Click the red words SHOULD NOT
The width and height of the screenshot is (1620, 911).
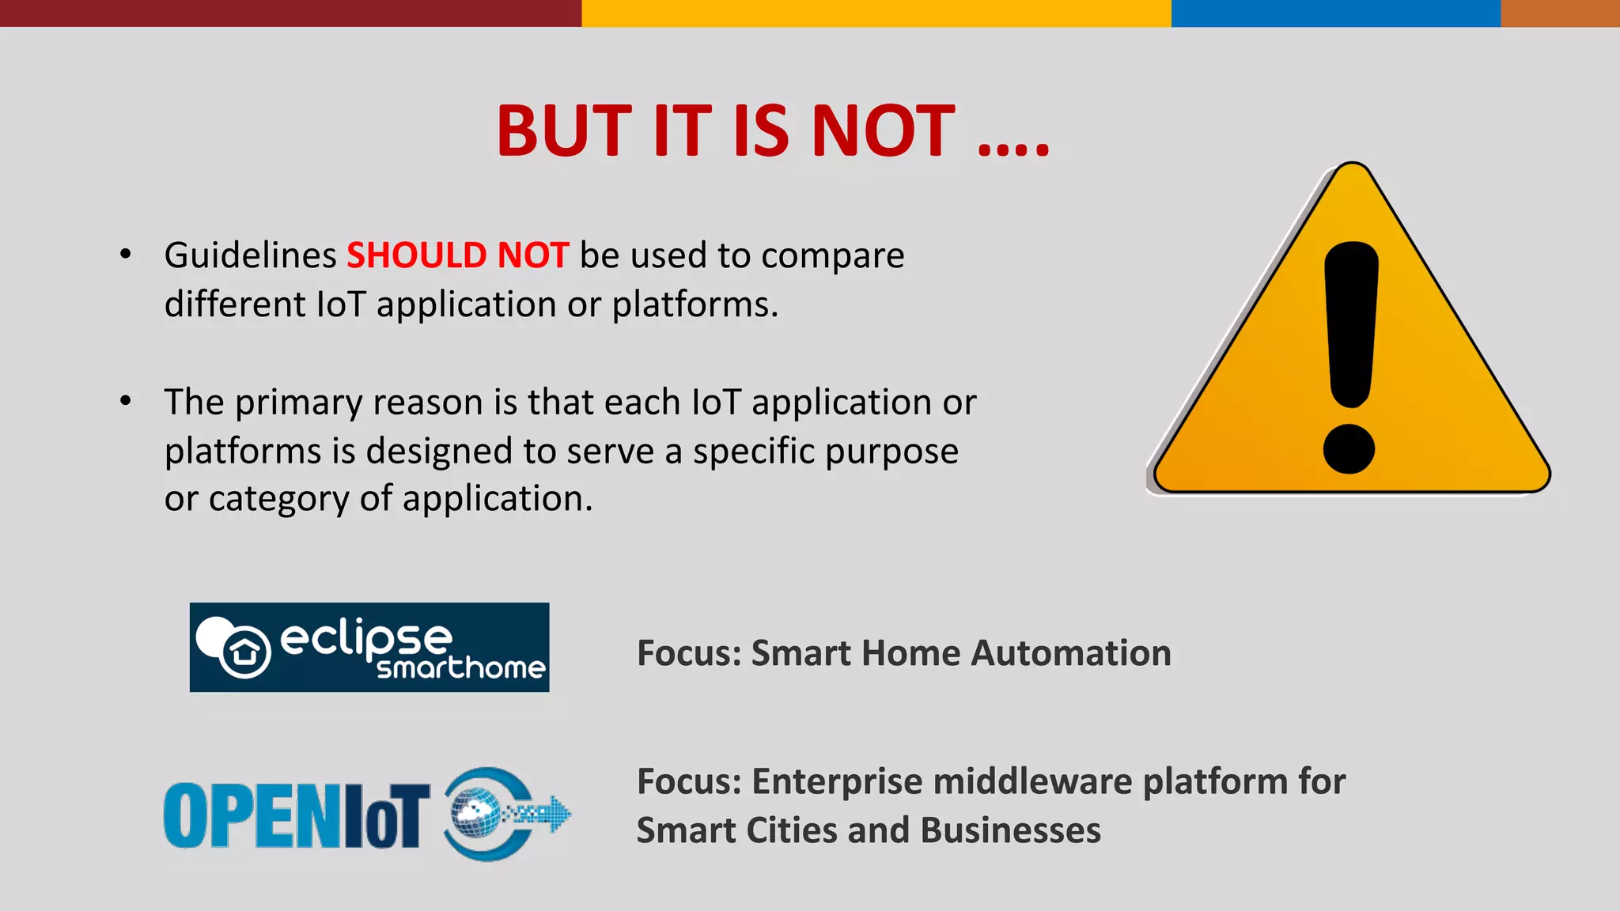(457, 255)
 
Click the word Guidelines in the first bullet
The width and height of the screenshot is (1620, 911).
(250, 255)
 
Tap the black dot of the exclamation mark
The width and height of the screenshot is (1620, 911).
(1349, 448)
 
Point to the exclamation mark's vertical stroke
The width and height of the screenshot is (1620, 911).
(1351, 324)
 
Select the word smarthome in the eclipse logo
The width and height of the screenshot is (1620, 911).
(460, 668)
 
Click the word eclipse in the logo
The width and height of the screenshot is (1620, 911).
(365, 637)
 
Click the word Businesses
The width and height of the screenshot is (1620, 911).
(1010, 830)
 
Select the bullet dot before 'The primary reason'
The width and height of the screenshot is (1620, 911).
(125, 401)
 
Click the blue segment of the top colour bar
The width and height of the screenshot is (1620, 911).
(1335, 13)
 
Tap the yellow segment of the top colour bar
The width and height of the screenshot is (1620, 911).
(876, 13)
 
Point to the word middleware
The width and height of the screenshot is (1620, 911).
(1032, 781)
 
